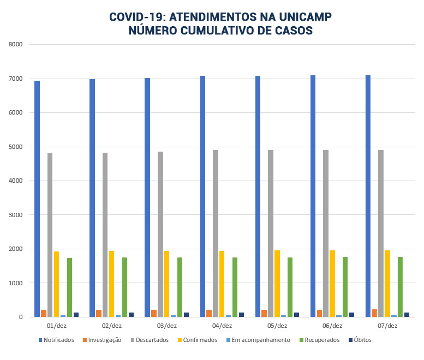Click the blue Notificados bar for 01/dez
click(37, 199)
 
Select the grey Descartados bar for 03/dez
click(160, 235)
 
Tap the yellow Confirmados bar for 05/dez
click(277, 284)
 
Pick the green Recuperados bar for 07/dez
click(401, 287)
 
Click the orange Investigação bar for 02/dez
click(99, 313)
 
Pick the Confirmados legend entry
click(197, 340)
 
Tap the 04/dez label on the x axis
click(222, 326)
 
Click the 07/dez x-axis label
click(387, 326)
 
